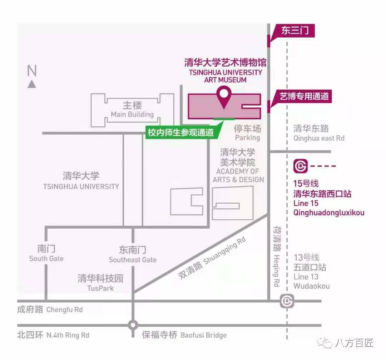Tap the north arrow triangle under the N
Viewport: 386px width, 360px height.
click(x=32, y=84)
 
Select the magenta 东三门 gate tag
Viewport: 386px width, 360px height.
click(x=295, y=30)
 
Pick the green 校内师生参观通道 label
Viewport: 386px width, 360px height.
click(x=180, y=132)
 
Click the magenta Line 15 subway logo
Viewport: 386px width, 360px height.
click(x=301, y=166)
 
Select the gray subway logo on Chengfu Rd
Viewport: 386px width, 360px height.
click(x=287, y=301)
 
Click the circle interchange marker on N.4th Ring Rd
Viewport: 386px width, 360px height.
click(x=133, y=325)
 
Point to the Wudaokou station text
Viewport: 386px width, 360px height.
click(x=311, y=286)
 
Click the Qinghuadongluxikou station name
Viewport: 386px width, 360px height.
click(x=329, y=213)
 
